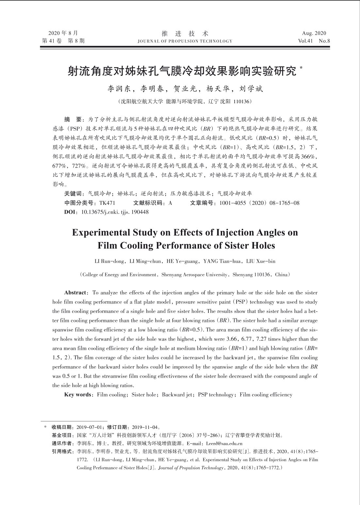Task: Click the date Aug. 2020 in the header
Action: pyautogui.click(x=314, y=33)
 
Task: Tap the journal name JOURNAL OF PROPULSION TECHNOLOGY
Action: pyautogui.click(x=185, y=41)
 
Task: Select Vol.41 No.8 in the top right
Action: pyautogui.click(x=314, y=41)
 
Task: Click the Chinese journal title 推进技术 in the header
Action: pyautogui.click(x=185, y=33)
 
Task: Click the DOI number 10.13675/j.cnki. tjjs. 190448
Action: pyautogui.click(x=114, y=212)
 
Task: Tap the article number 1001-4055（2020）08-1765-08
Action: pyautogui.click(x=259, y=203)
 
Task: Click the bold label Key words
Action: pyautogui.click(x=78, y=395)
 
